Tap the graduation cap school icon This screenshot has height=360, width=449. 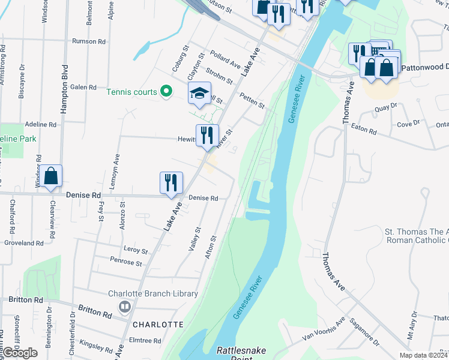[199, 93]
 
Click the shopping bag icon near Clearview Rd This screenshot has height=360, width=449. [51, 176]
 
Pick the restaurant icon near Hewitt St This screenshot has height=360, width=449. [207, 135]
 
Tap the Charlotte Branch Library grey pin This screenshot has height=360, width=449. [125, 307]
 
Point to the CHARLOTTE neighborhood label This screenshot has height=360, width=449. [158, 324]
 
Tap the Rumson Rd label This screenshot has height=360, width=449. [88, 41]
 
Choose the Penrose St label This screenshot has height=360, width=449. [126, 263]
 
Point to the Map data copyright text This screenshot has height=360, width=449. [423, 355]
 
